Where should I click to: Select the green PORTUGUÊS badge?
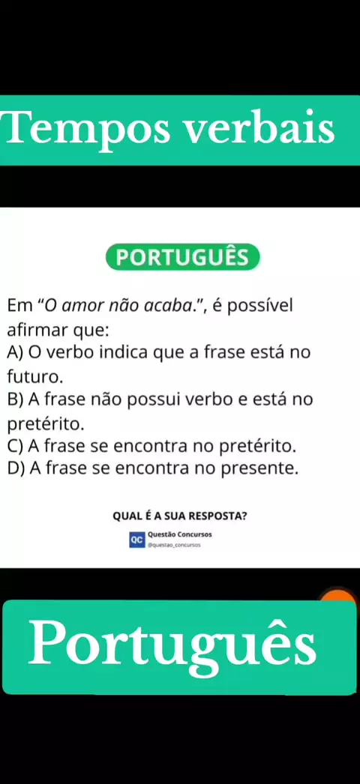pos(182,257)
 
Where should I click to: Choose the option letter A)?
pos(16,353)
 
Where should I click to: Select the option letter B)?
pos(16,400)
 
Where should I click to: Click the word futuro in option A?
pos(32,376)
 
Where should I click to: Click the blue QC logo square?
pos(136,540)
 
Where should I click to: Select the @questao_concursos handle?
pos(173,546)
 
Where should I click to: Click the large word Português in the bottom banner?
pos(172,645)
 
